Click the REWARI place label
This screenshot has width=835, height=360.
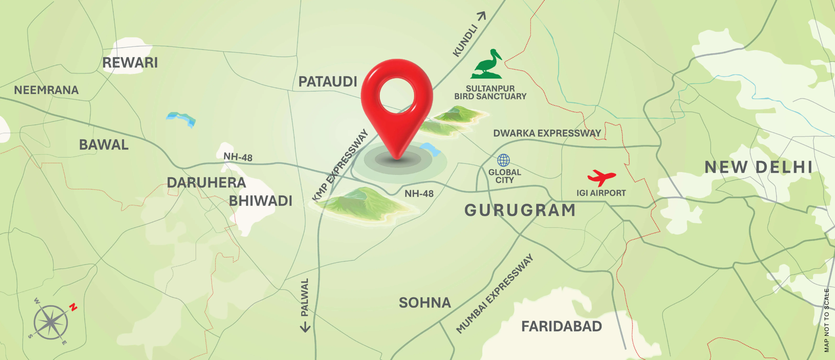coord(130,63)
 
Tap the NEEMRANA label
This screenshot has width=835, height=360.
coord(46,90)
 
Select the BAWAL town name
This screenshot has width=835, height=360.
coord(104,145)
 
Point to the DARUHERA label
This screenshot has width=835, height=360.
coord(206,183)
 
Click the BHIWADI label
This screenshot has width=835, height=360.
coord(260,201)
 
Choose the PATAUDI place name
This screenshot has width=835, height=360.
coord(328,82)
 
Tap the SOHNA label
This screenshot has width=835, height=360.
coord(425,303)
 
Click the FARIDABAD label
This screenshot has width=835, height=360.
coord(561,326)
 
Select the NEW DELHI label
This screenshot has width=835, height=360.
coord(758,167)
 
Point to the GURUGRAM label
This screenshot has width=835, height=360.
coord(520,210)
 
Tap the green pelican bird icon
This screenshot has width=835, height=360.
coord(487,65)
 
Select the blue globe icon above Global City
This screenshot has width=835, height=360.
coord(503,160)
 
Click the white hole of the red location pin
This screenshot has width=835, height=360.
coord(397,96)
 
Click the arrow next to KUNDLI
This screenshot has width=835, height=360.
coord(482,16)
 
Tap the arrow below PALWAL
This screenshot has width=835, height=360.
coord(305,327)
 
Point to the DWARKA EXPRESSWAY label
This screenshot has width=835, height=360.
coord(547,133)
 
